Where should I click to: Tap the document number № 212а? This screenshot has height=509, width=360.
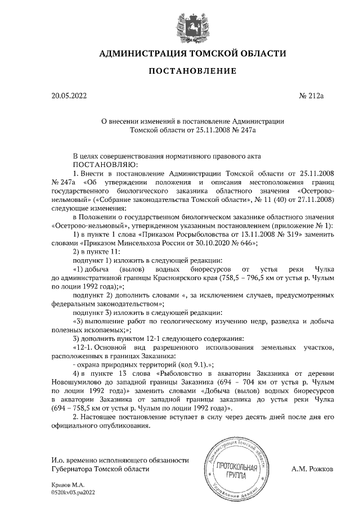tap(312, 96)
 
